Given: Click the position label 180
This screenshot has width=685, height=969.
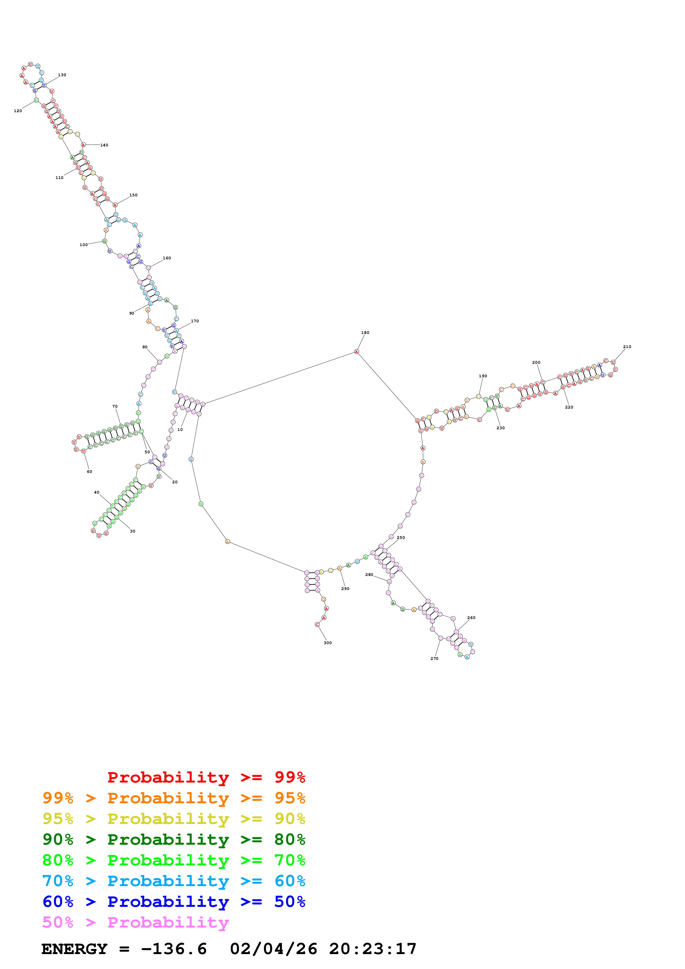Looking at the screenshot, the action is [x=365, y=333].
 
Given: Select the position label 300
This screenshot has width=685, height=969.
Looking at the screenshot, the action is [x=327, y=643].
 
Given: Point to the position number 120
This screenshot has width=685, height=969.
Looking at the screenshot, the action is [x=18, y=111].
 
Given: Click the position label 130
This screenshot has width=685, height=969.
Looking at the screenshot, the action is [x=62, y=75].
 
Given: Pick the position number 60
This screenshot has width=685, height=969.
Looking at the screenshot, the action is [x=90, y=472].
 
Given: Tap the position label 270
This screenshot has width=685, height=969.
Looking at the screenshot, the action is [x=434, y=658].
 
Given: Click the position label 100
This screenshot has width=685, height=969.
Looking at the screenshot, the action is [x=83, y=245].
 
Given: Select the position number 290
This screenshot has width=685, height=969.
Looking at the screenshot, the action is [x=345, y=589].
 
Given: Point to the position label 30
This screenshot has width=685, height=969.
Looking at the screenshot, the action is [x=133, y=531].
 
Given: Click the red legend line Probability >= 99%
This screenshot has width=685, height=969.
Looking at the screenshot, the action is [x=206, y=777].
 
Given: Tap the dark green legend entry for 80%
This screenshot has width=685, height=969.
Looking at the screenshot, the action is [x=174, y=839].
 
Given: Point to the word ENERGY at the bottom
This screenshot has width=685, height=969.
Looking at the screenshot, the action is [x=74, y=949].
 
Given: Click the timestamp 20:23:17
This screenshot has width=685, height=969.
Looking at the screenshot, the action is [x=373, y=949].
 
